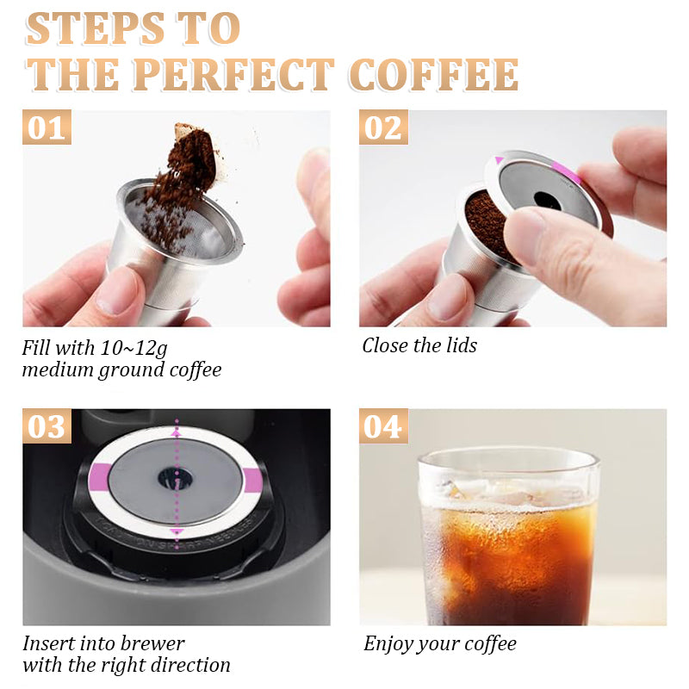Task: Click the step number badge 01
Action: tap(47, 127)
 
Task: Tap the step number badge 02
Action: tap(383, 127)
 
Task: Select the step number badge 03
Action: tap(47, 426)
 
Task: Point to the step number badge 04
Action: tap(383, 426)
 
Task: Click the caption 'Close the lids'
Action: tap(419, 346)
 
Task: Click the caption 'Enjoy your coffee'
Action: tap(439, 644)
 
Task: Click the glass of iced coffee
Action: tap(508, 538)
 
